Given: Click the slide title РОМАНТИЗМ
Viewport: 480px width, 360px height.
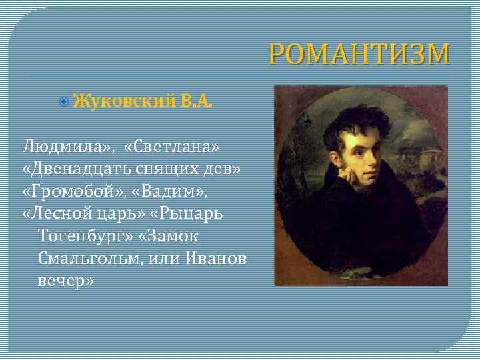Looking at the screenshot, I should point(359,55).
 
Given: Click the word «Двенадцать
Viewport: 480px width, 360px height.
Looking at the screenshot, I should point(81,168).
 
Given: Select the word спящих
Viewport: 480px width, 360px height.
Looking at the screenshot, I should point(176,168).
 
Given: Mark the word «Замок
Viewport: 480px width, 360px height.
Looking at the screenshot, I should point(171,237).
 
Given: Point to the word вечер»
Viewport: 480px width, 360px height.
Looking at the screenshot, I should point(66,282).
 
